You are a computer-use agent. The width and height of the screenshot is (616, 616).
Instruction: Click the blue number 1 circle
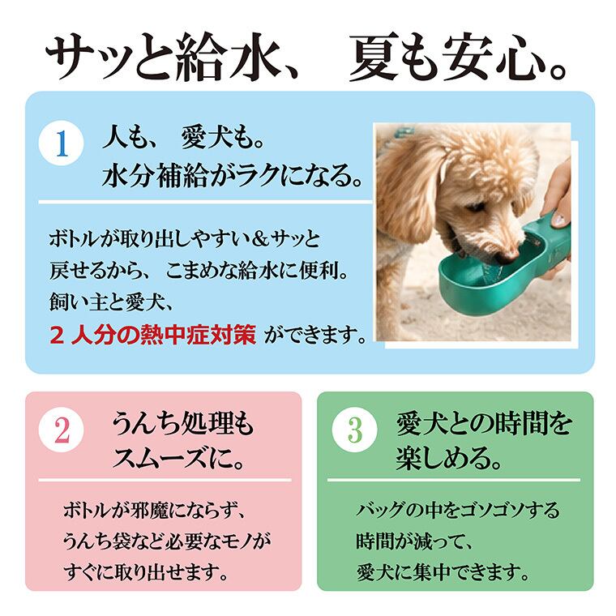[62, 143]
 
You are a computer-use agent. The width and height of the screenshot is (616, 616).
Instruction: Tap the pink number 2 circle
[62, 430]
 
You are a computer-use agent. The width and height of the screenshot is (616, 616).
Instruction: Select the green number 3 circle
[354, 430]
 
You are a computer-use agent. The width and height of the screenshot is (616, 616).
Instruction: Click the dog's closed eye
[477, 207]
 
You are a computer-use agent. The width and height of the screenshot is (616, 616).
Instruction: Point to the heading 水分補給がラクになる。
[232, 176]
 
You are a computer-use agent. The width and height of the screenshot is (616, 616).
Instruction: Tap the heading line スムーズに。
[179, 458]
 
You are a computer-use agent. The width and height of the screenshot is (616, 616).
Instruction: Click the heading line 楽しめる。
[449, 458]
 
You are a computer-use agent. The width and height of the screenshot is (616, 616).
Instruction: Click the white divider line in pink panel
[165, 480]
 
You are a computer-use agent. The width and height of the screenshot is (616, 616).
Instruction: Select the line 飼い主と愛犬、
[111, 303]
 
